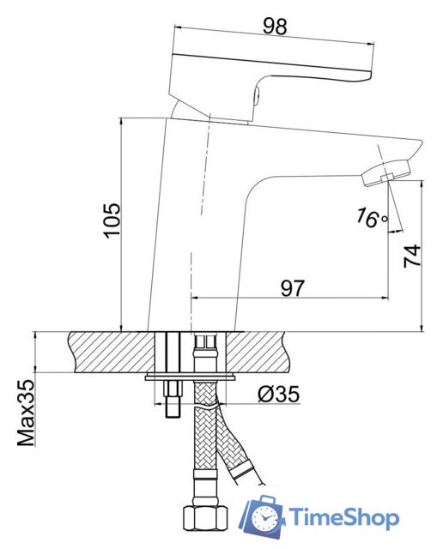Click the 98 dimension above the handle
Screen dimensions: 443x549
point(275,27)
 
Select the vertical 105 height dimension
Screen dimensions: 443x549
point(112,220)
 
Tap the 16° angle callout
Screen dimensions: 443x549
point(373,219)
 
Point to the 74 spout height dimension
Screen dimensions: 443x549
point(412,256)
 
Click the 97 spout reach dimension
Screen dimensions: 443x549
point(292,288)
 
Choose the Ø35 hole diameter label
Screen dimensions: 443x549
point(279,394)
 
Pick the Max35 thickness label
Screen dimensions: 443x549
point(27,413)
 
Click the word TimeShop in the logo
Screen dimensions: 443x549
point(343,516)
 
